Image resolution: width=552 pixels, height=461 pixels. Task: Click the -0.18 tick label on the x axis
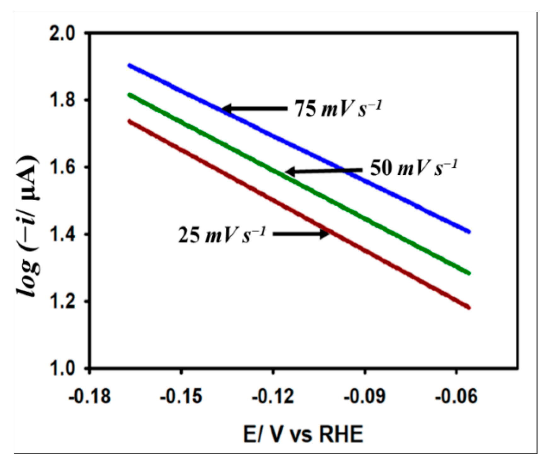click(x=90, y=397)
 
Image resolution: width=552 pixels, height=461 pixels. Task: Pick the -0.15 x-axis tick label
click(x=181, y=397)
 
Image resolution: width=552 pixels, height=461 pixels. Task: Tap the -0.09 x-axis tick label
click(x=364, y=397)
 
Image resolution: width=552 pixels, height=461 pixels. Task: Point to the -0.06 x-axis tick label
click(x=456, y=397)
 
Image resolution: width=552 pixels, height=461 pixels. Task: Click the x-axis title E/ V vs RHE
click(x=303, y=435)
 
